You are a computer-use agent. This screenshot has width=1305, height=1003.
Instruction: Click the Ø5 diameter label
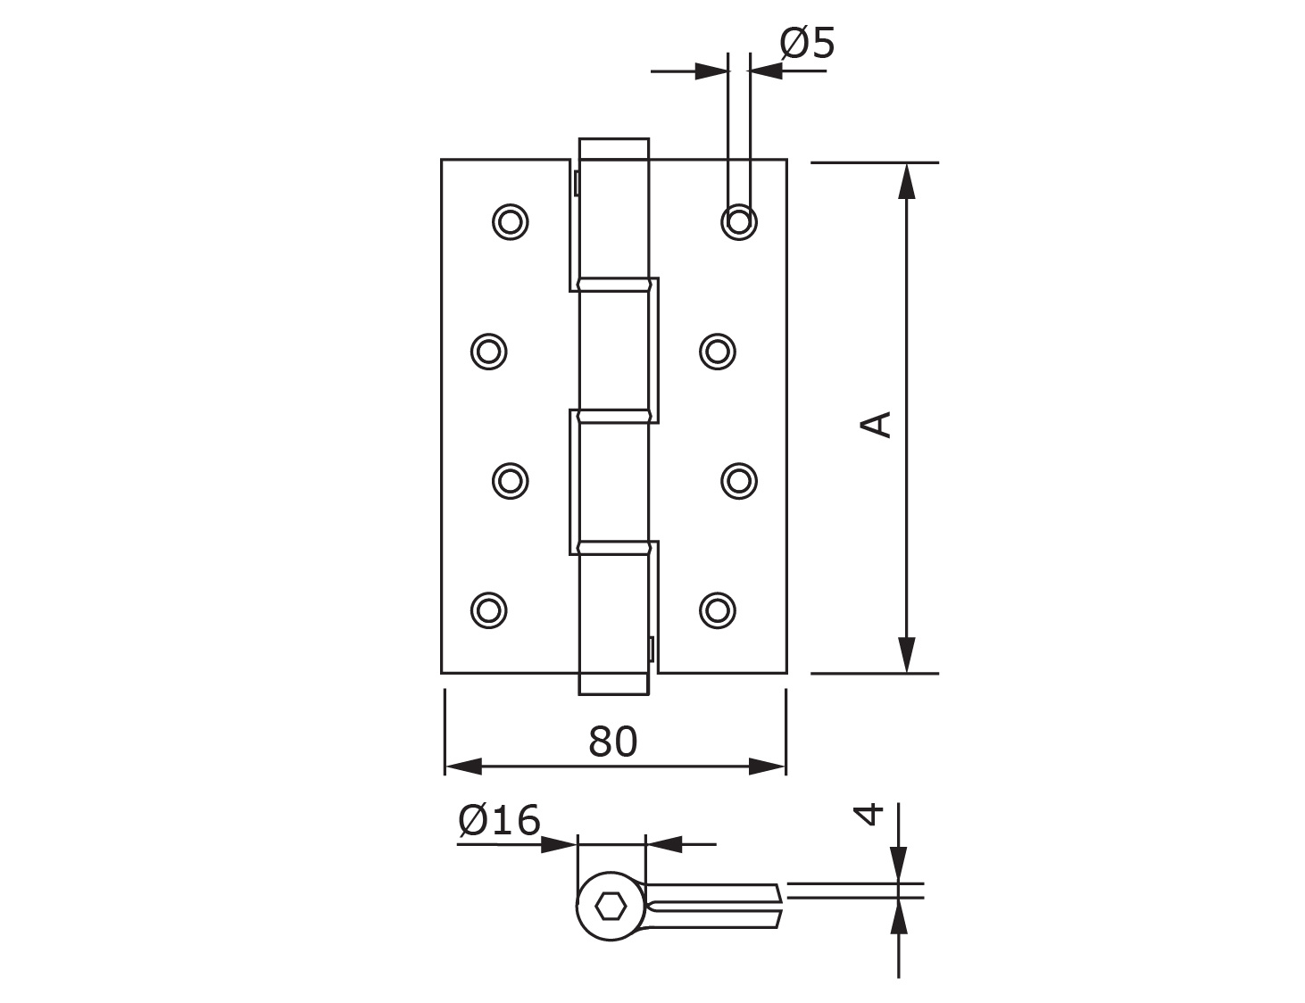coord(807,43)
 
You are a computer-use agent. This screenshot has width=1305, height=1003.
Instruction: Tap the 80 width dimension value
coord(612,742)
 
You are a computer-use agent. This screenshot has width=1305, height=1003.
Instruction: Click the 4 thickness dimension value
coord(869,814)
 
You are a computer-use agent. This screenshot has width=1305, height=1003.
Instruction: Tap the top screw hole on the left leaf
coord(511,222)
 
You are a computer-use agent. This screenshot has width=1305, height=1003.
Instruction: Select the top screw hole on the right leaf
coord(739,222)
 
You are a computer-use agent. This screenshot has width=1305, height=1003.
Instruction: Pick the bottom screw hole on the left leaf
coord(489,610)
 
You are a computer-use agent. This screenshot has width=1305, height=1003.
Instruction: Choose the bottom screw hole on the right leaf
coord(718,610)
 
